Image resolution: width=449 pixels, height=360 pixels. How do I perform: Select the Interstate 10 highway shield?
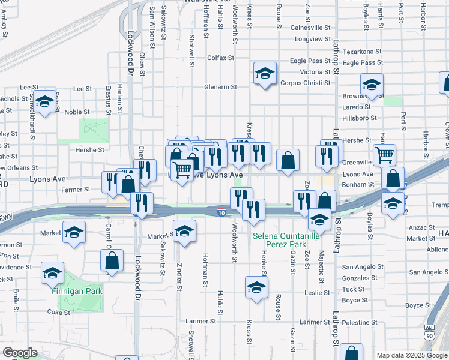click(221, 212)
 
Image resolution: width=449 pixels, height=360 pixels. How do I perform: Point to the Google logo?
click(20, 353)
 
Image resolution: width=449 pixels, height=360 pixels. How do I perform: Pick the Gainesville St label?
click(310, 28)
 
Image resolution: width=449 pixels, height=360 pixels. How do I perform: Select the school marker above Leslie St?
click(256, 287)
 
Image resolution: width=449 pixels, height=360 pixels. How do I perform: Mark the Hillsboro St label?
click(361, 118)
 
